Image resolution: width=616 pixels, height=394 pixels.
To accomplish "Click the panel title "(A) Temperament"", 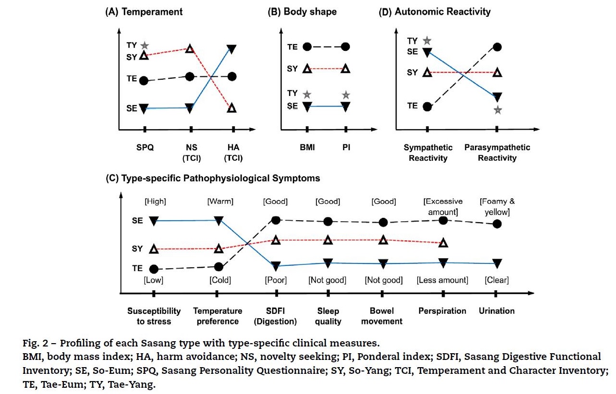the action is [x=144, y=12].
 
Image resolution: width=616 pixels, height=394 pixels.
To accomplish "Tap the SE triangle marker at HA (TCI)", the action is [x=231, y=49].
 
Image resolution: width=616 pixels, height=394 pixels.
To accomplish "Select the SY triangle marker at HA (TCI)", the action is [x=232, y=108].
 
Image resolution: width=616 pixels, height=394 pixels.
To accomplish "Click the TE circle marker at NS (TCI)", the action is [x=190, y=76].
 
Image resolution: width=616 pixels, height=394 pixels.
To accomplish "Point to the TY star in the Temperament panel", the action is [x=145, y=46].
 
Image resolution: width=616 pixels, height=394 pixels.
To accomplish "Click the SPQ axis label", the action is [x=145, y=147].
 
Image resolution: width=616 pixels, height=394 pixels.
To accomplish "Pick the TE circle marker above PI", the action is [x=345, y=47].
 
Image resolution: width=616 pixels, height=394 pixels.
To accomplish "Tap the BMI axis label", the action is [x=307, y=147].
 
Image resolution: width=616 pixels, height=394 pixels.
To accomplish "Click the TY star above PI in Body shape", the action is [x=346, y=95].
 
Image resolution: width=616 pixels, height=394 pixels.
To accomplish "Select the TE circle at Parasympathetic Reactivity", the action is [x=497, y=47].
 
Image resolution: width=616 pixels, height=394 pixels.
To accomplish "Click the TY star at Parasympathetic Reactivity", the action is [x=498, y=110].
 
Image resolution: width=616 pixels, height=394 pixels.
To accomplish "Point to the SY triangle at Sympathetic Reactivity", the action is [x=427, y=72].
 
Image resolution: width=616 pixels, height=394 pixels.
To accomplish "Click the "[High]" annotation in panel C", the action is [x=156, y=202].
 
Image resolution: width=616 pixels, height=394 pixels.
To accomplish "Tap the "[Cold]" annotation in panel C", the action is [x=220, y=280].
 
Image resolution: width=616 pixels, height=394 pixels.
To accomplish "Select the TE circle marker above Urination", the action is [x=497, y=224].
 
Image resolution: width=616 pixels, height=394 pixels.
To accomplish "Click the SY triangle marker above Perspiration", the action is [x=443, y=243].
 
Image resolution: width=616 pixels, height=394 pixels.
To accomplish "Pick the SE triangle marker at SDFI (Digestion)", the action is [x=276, y=266].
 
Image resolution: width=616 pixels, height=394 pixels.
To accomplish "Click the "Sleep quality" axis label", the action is [x=328, y=316].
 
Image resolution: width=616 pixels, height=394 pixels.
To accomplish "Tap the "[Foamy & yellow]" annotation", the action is [x=497, y=206].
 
